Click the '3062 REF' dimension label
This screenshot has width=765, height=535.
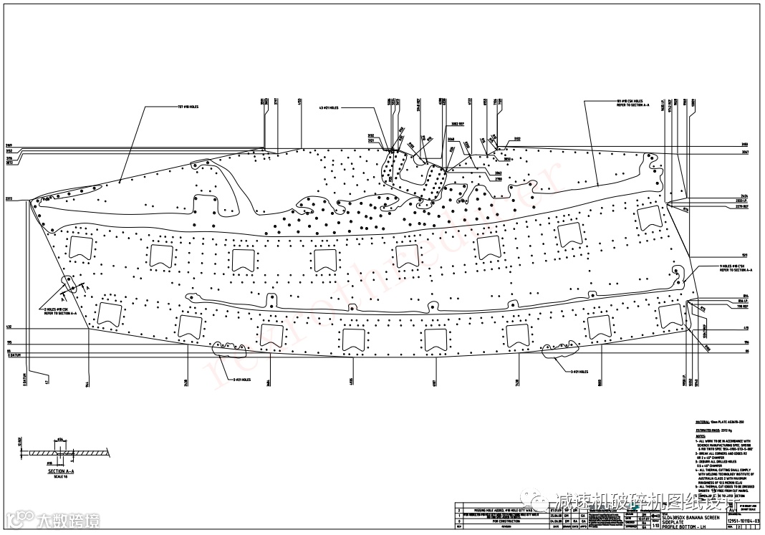click(457, 123)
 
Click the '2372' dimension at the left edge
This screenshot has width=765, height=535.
click(9, 198)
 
